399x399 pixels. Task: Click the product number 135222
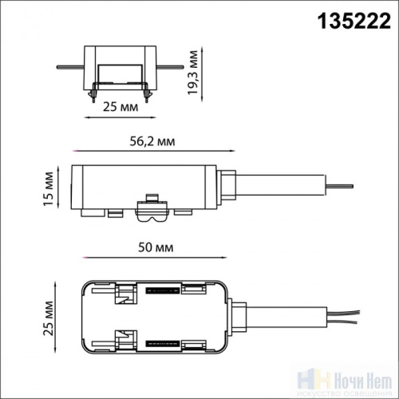pos(354,21)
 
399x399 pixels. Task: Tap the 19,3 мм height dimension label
pos(193,73)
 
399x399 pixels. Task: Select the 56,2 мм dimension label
pos(152,141)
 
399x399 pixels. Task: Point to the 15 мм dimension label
pos(49,188)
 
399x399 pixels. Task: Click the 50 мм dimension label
pos(156,247)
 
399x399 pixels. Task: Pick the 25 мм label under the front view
pos(120,107)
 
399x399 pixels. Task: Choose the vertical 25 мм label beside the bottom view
pos(49,318)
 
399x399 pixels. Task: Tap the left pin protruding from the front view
pos(70,67)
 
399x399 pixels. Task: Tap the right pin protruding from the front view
pos(170,67)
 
